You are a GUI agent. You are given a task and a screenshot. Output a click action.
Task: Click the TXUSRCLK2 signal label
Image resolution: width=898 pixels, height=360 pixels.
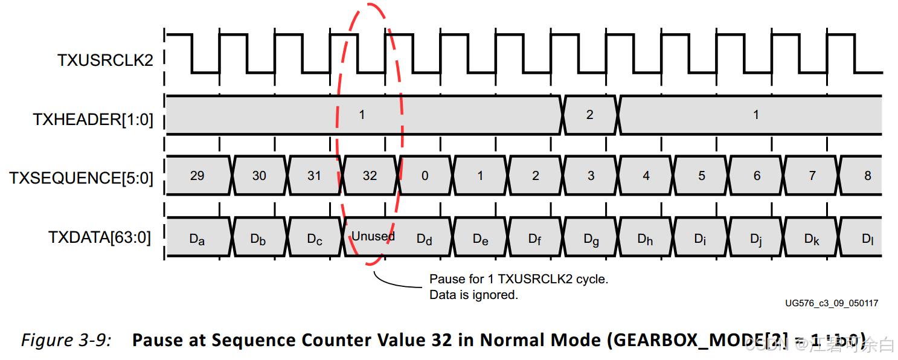tap(105, 60)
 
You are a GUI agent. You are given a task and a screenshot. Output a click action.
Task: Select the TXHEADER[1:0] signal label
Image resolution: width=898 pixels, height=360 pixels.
tap(93, 120)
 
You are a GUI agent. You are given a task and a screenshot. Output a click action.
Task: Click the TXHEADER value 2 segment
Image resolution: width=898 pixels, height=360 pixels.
tap(590, 115)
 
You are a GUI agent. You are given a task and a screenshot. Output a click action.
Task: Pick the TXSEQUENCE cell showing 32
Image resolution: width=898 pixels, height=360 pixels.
tap(370, 176)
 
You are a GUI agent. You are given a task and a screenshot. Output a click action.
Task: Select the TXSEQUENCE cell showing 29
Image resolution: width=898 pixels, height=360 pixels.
tap(197, 176)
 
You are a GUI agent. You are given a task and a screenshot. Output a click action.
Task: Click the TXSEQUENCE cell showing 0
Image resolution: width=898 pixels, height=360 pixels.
tap(425, 176)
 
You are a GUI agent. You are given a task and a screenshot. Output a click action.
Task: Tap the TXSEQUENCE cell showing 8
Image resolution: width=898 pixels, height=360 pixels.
tap(868, 176)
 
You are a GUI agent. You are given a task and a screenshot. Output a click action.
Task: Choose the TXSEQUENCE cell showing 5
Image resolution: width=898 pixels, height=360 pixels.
tap(702, 176)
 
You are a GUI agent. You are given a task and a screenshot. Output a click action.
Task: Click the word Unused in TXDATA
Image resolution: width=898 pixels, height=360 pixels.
tap(373, 236)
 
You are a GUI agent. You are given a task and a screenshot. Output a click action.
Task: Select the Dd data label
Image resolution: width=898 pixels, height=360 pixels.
tap(425, 239)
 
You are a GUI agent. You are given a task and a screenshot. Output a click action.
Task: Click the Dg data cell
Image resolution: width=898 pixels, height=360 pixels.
tap(591, 239)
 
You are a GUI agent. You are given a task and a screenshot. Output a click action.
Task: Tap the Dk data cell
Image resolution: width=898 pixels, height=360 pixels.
tap(812, 239)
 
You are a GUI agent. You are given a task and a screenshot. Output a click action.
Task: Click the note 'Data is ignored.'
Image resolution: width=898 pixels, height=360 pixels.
tap(473, 295)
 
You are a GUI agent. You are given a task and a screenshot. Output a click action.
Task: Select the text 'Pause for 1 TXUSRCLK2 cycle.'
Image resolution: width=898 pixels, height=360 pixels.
tap(518, 280)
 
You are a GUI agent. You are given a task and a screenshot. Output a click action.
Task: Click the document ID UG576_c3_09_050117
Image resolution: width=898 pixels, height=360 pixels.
tap(832, 303)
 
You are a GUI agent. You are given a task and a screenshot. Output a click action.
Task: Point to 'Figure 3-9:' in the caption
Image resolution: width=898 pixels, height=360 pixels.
tap(66, 340)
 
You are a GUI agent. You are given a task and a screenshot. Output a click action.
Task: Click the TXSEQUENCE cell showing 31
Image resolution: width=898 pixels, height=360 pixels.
tap(314, 176)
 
